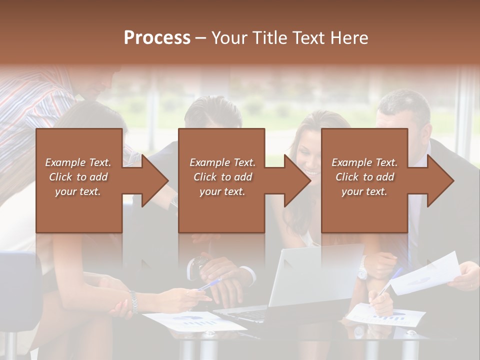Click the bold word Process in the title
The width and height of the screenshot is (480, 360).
coord(157,37)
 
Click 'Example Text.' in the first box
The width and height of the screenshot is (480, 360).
coord(78,162)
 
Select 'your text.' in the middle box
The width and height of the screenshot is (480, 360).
coord(222,191)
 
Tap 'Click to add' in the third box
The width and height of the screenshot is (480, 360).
coord(365,177)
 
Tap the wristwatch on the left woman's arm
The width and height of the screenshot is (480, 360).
coord(133,302)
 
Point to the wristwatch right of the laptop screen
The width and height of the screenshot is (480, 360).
coord(362,272)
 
